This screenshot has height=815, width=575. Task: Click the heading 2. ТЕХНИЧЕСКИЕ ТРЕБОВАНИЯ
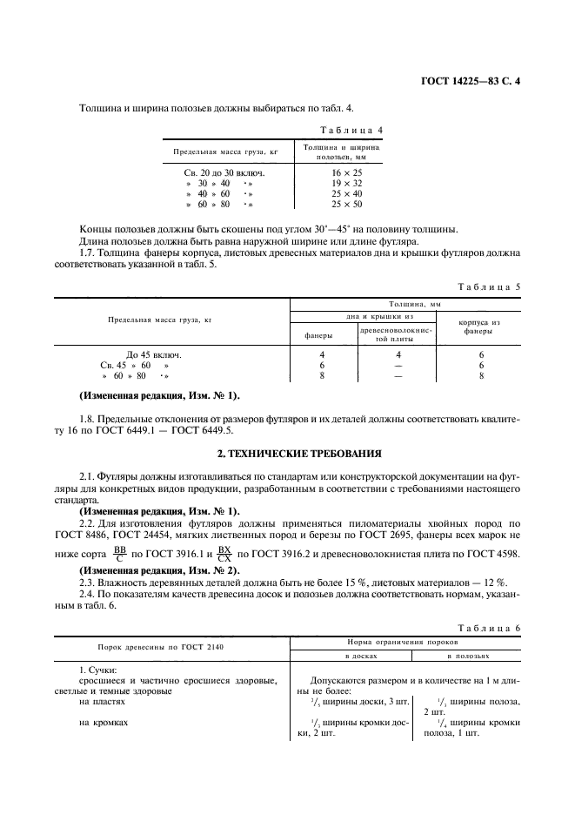click(x=286, y=454)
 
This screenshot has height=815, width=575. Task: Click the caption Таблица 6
click(x=489, y=626)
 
